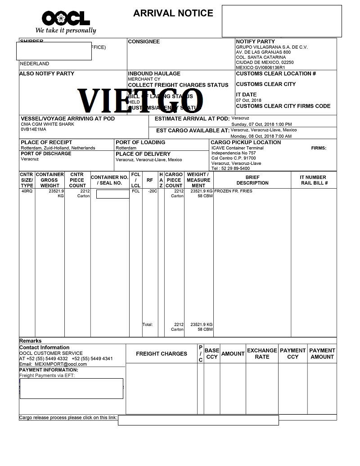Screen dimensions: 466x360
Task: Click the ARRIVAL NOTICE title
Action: pos(173,14)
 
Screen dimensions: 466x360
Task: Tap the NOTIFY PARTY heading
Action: pos(255,41)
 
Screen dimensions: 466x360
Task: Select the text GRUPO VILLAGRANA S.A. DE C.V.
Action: pos(265,47)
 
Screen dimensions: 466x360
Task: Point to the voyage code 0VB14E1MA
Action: pos(34,130)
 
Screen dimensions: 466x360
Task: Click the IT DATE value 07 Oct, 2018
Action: pos(248,100)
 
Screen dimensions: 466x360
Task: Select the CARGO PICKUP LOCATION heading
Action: pos(246,142)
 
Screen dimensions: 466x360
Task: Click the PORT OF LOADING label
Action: pos(140,142)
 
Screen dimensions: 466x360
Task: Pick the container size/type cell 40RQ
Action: pos(27,191)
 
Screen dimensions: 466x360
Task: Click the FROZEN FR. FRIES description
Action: pos(233,191)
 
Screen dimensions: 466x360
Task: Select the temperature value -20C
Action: pos(152,191)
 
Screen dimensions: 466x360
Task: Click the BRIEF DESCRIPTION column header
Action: pos(252,180)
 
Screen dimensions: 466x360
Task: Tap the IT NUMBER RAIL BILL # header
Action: pos(314,180)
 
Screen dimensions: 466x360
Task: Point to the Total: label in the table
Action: pos(148,324)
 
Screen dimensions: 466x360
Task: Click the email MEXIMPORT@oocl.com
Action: pos(61,364)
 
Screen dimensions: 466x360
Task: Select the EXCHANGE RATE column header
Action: pos(262,353)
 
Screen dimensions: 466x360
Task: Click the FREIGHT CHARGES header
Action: pos(162,354)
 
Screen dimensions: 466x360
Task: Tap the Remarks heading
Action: pos(31,341)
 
